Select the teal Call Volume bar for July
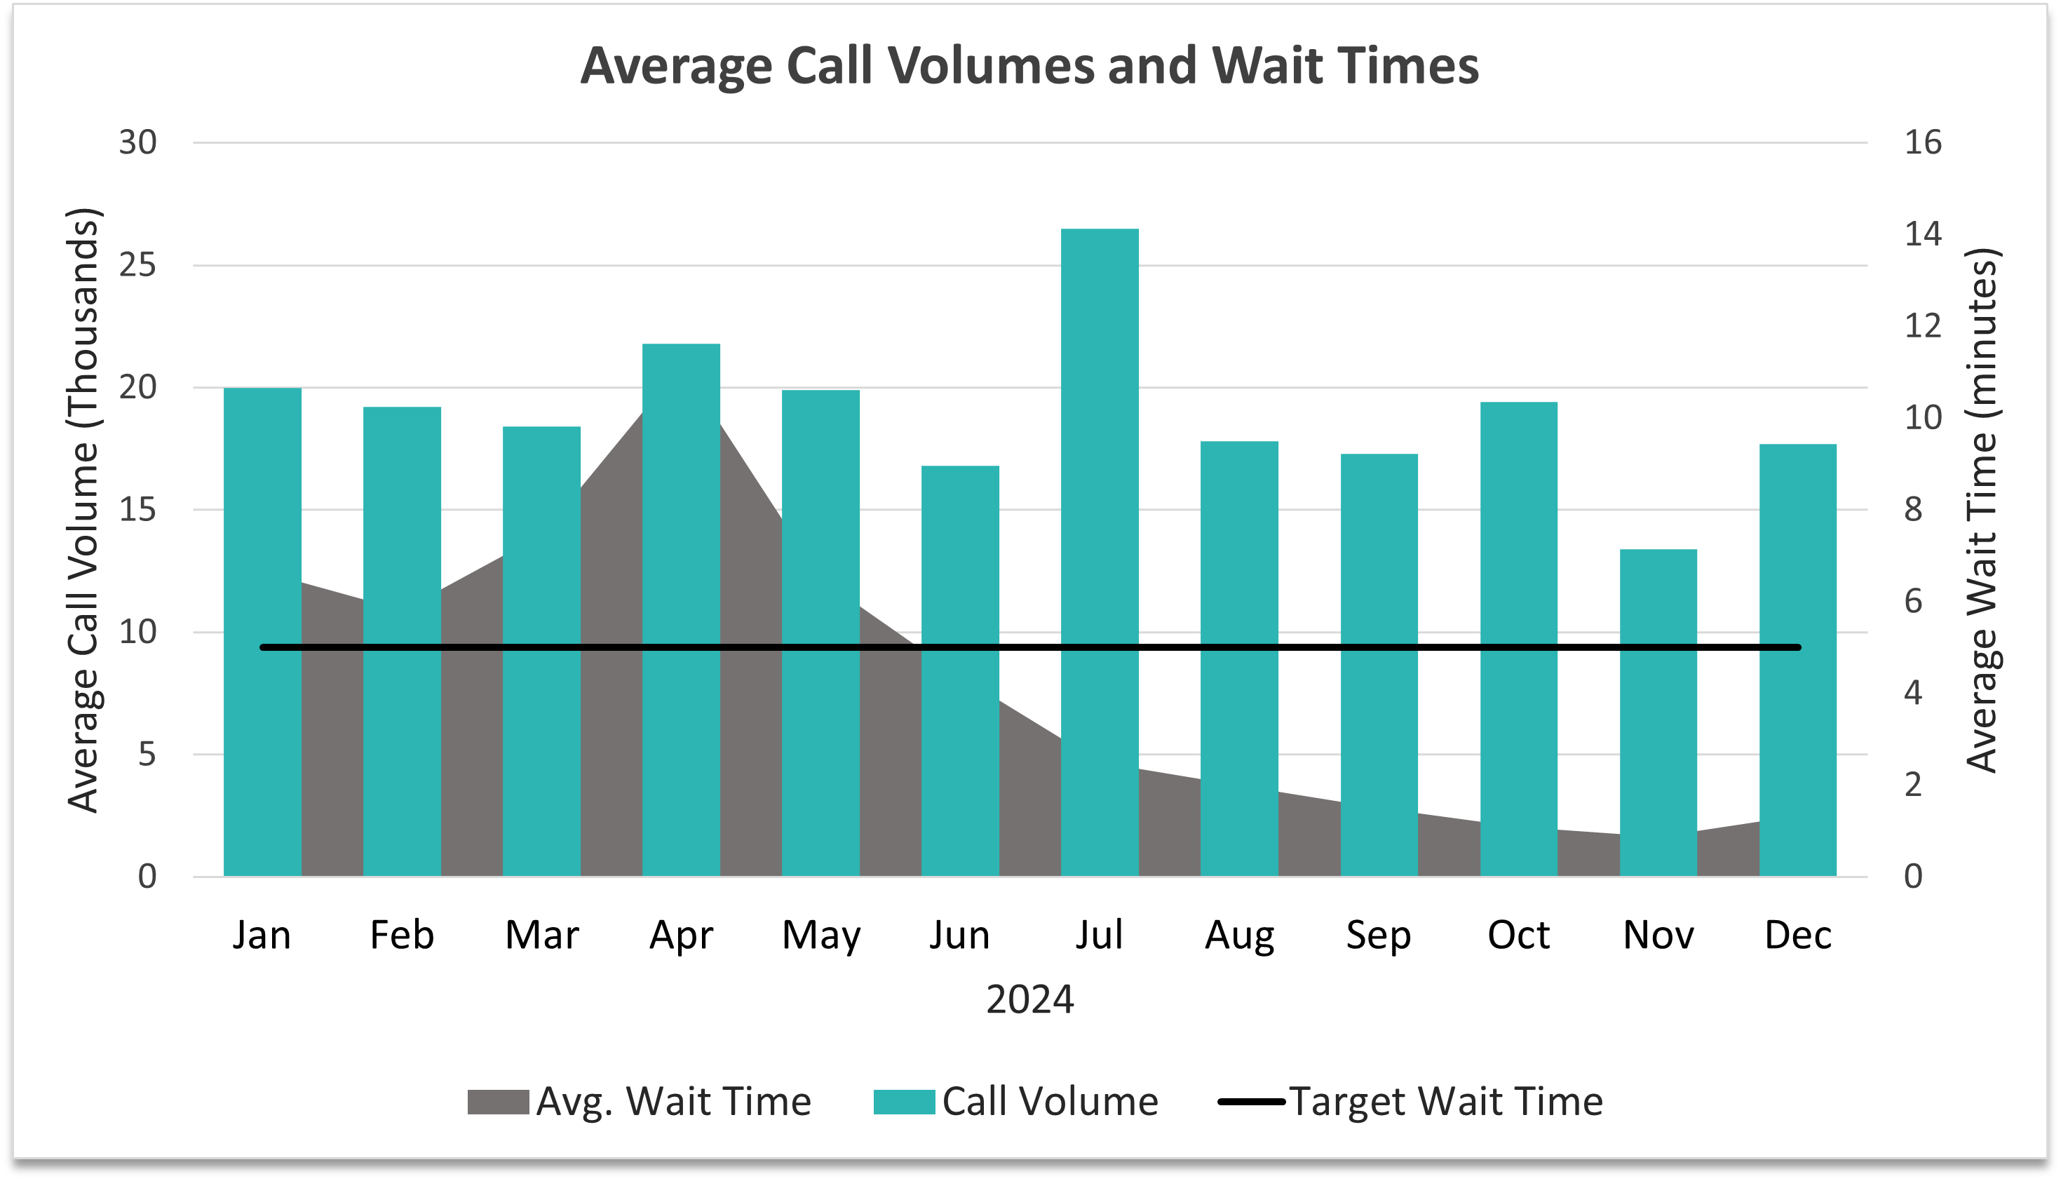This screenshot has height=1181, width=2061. tap(1099, 551)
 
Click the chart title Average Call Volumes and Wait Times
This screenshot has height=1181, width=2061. tap(1029, 65)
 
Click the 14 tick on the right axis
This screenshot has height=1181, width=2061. tap(1922, 234)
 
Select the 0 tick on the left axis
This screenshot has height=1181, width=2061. tap(147, 876)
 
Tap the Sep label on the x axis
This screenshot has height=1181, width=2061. tap(1378, 936)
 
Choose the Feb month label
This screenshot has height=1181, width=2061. tap(402, 936)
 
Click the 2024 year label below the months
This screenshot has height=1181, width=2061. tap(1029, 999)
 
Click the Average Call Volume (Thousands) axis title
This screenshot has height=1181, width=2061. tap(83, 509)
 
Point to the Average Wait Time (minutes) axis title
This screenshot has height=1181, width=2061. tap(1982, 509)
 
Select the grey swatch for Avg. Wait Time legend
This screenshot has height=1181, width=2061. tap(498, 1102)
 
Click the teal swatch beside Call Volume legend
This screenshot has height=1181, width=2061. tap(903, 1102)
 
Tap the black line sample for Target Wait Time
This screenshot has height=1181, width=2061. tap(1251, 1102)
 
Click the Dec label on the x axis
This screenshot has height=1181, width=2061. tap(1797, 936)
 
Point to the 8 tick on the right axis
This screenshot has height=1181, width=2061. tap(1913, 509)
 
